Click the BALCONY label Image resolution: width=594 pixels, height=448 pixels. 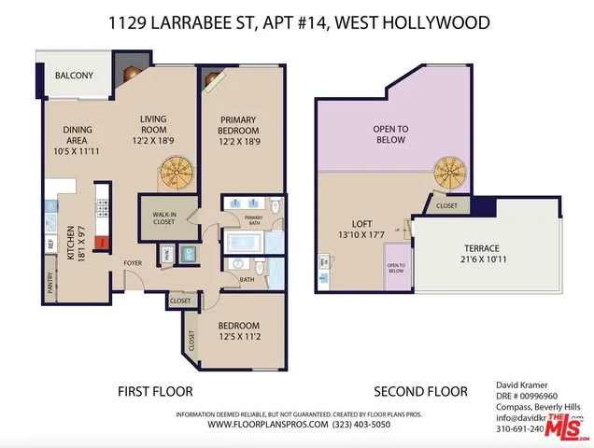click(74, 75)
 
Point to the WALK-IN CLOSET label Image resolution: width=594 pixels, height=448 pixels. click(164, 218)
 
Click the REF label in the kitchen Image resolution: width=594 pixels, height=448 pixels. click(50, 243)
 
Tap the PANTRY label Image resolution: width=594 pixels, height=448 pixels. click(50, 283)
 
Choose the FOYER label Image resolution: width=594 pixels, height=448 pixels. click(132, 263)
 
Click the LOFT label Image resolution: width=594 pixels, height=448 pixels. click(362, 224)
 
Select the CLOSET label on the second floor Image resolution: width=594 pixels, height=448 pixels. click(446, 205)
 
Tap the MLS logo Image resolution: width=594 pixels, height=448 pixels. click(567, 429)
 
